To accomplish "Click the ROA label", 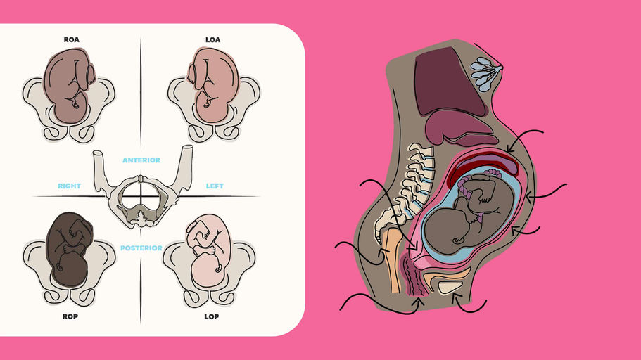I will pos(70,40).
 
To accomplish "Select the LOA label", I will pos(212,40).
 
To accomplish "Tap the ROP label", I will pos(70,316).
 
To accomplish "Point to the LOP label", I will pos(212,316).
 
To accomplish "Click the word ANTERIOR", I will pos(141,160).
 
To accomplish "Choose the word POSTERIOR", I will pos(141,247).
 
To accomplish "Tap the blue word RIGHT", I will pos(69,186).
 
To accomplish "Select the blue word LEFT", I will pos(214,186).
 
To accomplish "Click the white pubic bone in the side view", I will pos(450,284).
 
